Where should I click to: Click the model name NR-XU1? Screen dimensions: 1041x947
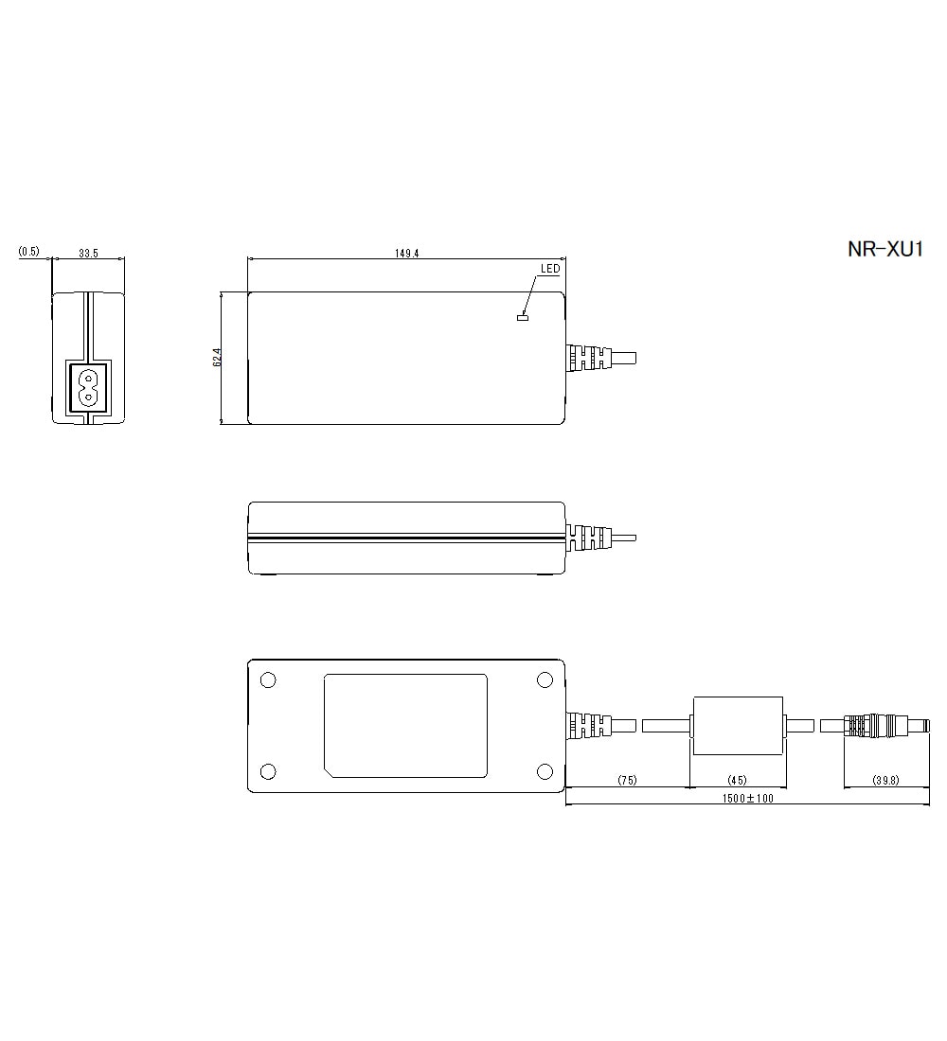pos(884,250)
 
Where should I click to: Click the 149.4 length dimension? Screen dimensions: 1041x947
pos(406,253)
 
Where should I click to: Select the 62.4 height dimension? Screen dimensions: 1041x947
pos(217,358)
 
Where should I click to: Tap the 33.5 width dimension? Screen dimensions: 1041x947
pos(89,253)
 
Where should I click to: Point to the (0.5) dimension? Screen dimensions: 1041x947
pos(28,252)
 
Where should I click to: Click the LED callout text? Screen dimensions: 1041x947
pos(549,269)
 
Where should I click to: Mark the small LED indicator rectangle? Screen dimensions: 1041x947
pos(521,316)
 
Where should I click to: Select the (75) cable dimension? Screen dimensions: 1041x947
pos(627,780)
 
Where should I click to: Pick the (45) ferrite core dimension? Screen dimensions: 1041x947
pos(737,780)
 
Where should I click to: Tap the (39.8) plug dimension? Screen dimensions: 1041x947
pos(885,780)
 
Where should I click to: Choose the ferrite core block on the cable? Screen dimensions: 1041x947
pos(738,726)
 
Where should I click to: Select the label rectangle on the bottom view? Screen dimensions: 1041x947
pos(405,725)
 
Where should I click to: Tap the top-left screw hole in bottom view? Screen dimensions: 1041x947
pos(267,680)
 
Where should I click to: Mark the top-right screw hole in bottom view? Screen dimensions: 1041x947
pos(545,680)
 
